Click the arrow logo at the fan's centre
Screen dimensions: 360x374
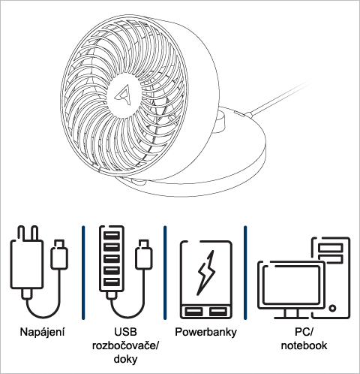[124, 95]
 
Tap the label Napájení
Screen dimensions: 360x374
[42, 332]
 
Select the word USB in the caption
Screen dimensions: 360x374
[125, 332]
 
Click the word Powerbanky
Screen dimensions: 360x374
[205, 332]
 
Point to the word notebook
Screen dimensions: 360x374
[304, 345]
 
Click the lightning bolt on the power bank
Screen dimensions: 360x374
[206, 273]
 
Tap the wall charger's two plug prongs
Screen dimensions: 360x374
[28, 234]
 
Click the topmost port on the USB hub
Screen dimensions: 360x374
[112, 236]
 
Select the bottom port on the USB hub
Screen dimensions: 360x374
[112, 282]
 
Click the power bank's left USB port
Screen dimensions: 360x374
[193, 312]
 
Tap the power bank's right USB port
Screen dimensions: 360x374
[218, 312]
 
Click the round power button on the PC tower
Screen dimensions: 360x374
[332, 308]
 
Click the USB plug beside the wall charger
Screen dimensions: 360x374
[59, 254]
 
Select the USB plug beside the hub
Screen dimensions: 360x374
[144, 254]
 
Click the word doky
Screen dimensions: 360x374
[125, 359]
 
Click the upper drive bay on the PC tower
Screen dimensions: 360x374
[331, 248]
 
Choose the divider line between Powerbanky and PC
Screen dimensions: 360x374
[245, 273]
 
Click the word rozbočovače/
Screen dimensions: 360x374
[125, 345]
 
